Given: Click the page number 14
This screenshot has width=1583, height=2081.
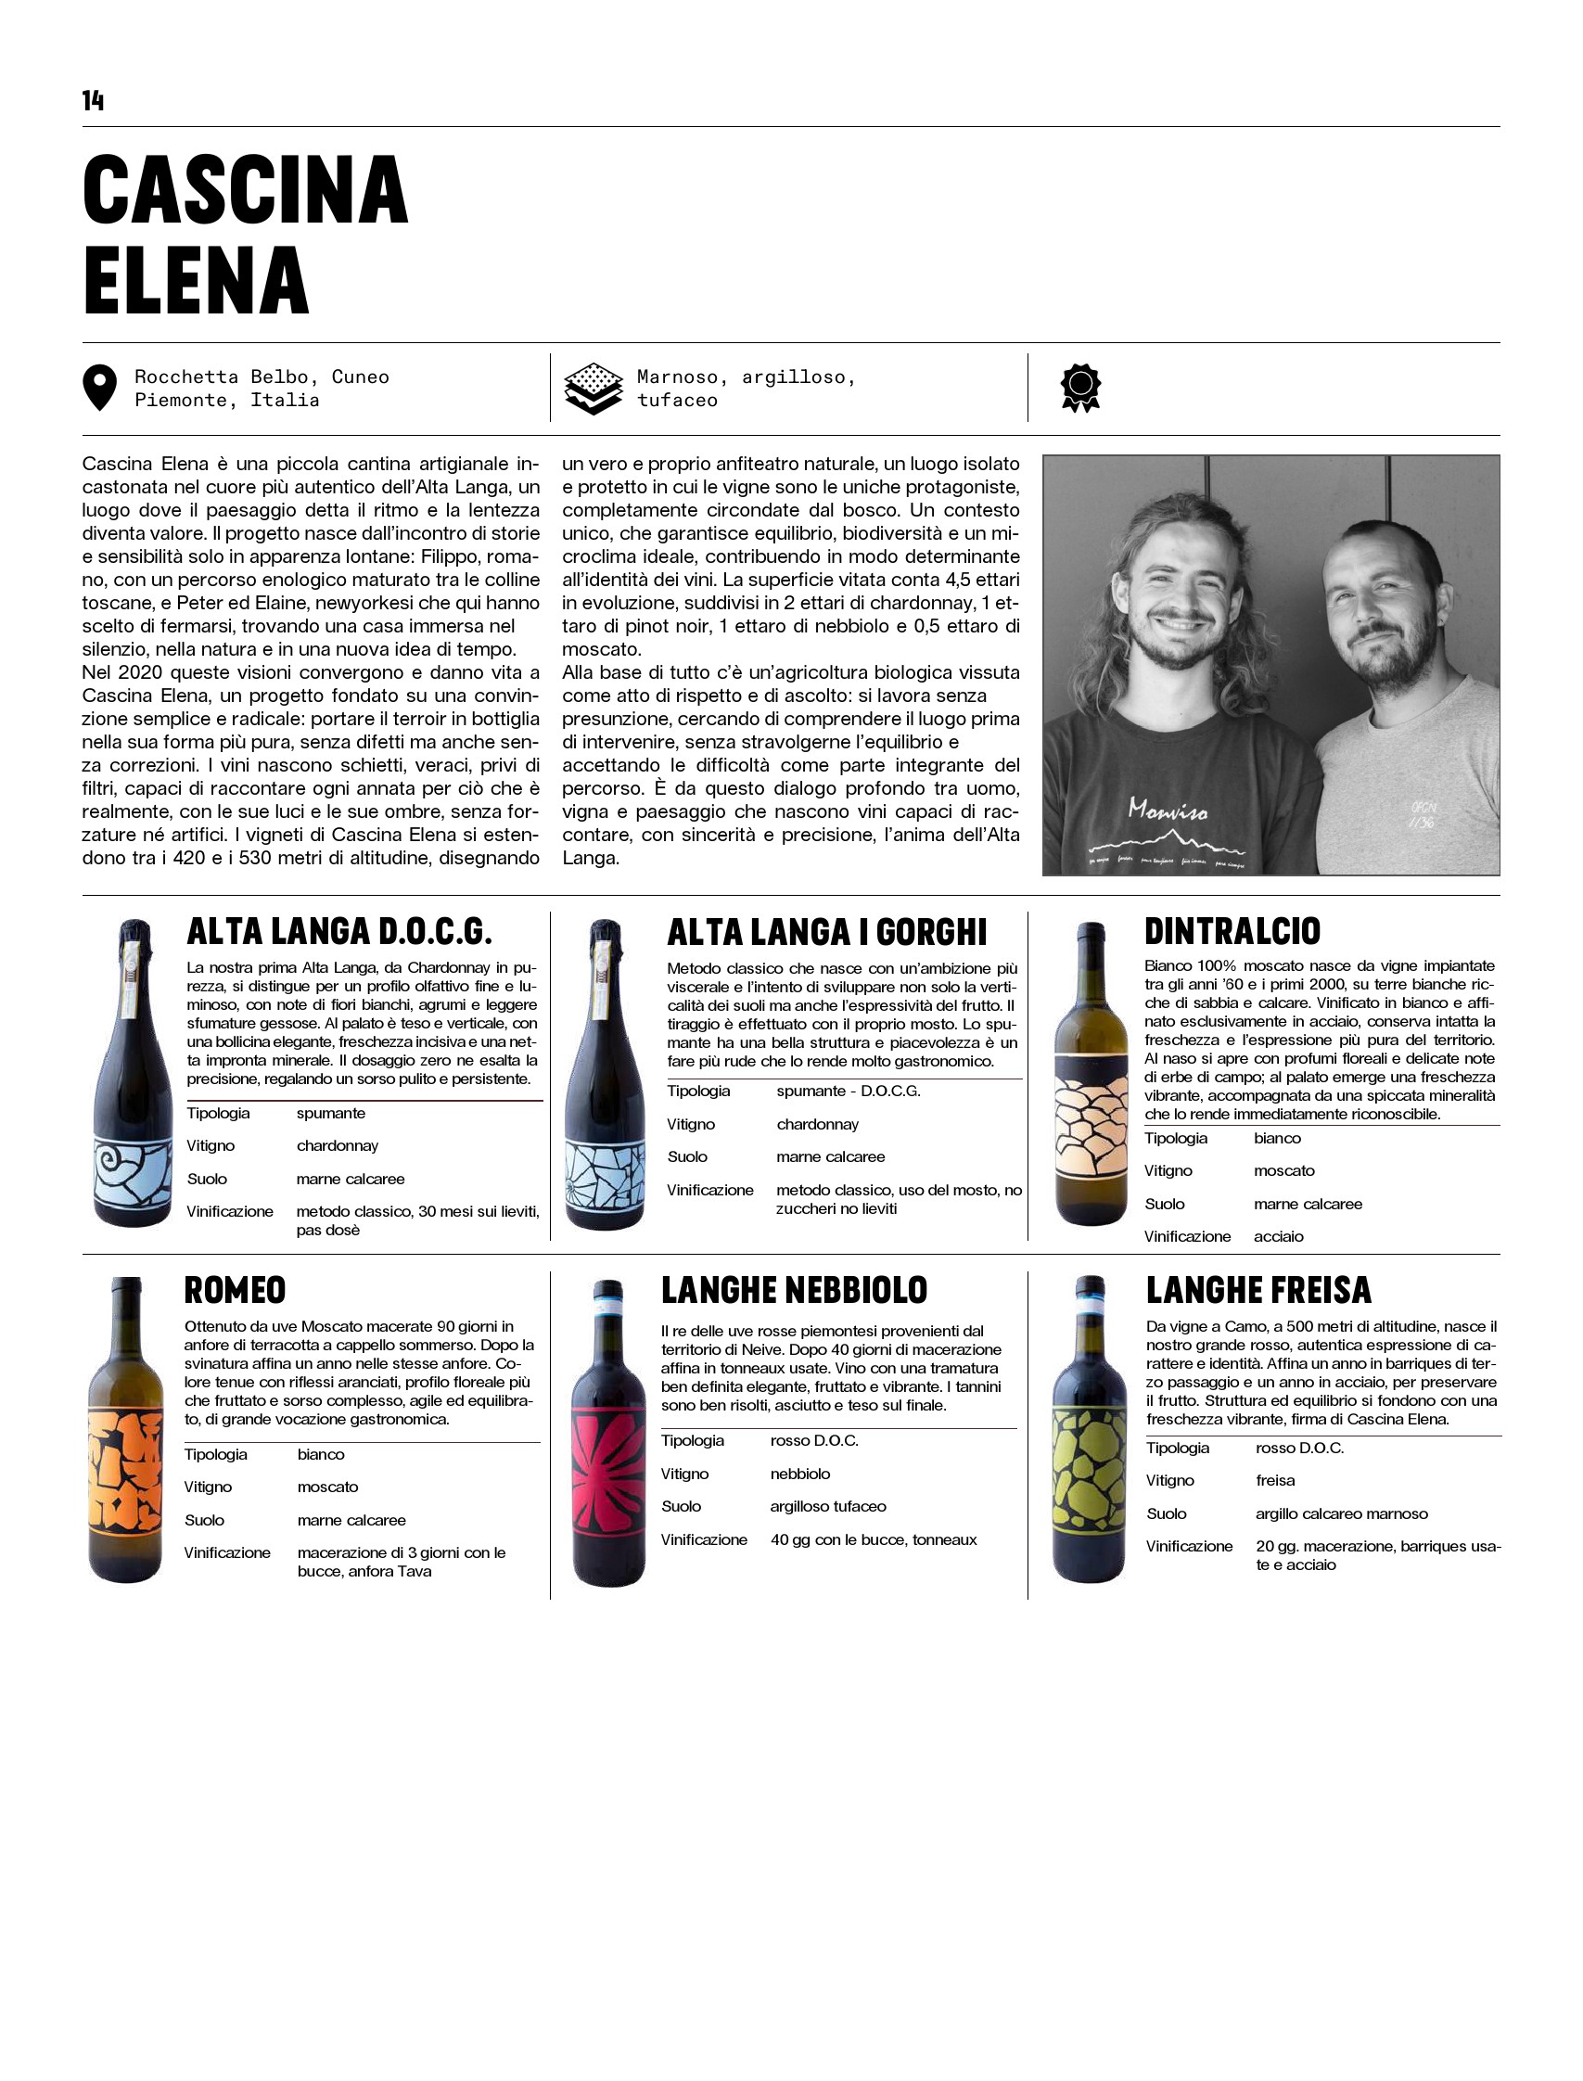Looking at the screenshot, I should click(x=93, y=101).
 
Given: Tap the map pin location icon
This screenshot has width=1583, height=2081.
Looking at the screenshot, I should click(x=100, y=389).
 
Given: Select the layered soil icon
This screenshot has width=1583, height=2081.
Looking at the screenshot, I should click(x=593, y=389).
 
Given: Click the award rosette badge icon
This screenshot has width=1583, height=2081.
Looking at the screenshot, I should click(x=1080, y=389).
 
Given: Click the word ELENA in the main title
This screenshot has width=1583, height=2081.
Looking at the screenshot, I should click(x=196, y=281).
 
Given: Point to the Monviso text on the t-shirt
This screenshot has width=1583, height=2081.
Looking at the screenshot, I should click(x=1168, y=810).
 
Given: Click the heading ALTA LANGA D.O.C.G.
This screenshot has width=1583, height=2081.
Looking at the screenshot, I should click(x=339, y=932).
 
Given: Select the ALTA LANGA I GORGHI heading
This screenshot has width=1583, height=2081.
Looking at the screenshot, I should click(x=826, y=933).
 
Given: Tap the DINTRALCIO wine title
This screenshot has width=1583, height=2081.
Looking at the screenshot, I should click(x=1232, y=931).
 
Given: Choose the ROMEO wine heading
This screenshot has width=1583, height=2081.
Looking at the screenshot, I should click(x=235, y=1290).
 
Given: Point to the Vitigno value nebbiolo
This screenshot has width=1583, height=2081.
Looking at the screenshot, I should click(x=800, y=1474).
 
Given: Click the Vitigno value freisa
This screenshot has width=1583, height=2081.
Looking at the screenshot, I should click(x=1275, y=1480).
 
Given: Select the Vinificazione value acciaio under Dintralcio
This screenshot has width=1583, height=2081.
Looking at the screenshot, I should click(x=1279, y=1236).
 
